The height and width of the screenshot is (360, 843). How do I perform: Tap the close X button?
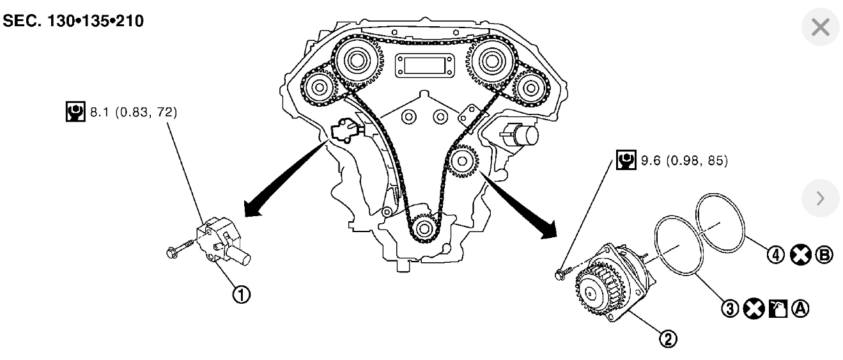click(820, 27)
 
